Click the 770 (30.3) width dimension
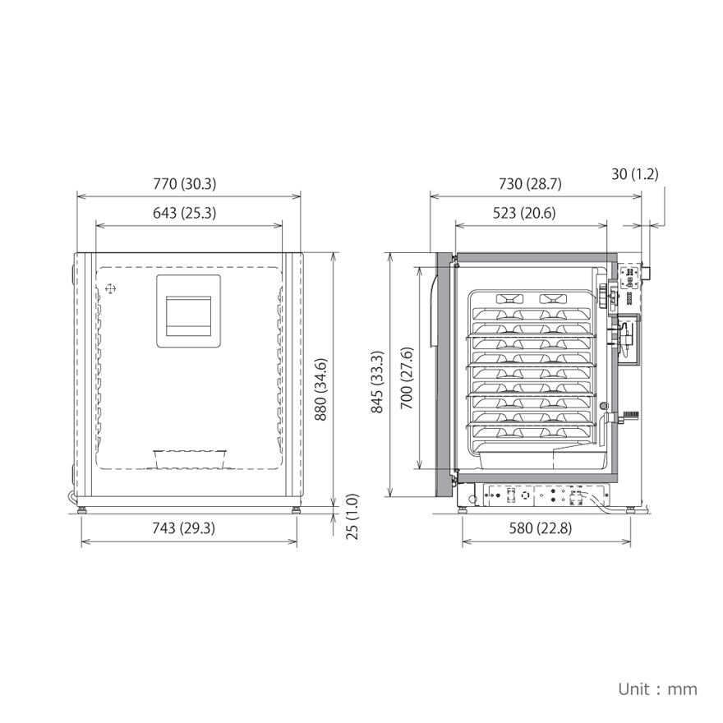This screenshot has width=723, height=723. point(184,184)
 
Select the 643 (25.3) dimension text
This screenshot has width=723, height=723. point(184,213)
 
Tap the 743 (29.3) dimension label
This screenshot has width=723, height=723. point(183,528)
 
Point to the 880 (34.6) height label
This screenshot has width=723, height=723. point(320,389)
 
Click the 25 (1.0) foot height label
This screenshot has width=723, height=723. point(352,517)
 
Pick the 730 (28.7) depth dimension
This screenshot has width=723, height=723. point(530,184)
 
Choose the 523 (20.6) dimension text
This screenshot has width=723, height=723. point(524,213)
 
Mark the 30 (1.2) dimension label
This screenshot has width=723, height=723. point(635,174)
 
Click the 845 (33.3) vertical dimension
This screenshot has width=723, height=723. point(377,382)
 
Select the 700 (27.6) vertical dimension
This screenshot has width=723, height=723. point(407,378)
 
